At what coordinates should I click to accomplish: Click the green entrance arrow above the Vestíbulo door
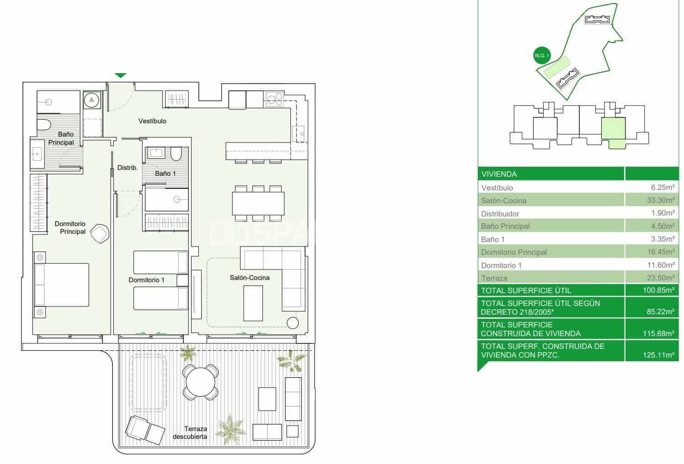(x=121, y=75)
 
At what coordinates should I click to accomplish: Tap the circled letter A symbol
(x=91, y=100)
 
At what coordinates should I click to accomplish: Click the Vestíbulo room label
(x=152, y=121)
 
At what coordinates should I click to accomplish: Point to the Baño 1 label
(x=165, y=174)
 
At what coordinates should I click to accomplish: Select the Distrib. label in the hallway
(x=128, y=168)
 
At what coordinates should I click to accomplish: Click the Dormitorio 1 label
(x=147, y=280)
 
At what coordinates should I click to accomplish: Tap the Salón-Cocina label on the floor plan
(x=250, y=278)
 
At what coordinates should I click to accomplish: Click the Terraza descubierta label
(x=190, y=432)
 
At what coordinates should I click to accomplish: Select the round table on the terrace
(x=201, y=382)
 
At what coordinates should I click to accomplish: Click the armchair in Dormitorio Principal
(x=100, y=234)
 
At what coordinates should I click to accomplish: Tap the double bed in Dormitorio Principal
(x=62, y=285)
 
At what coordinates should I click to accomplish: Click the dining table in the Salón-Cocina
(x=258, y=204)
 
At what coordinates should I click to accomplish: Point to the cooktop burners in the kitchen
(x=274, y=100)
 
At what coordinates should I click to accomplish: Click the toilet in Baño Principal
(x=44, y=125)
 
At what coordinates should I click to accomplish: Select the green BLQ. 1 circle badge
(x=542, y=56)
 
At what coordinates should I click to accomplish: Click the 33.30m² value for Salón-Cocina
(x=661, y=200)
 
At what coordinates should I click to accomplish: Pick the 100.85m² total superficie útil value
(x=658, y=290)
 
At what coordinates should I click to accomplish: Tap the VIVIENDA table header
(x=499, y=174)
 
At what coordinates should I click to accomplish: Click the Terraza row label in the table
(x=494, y=278)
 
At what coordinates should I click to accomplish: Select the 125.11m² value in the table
(x=658, y=355)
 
